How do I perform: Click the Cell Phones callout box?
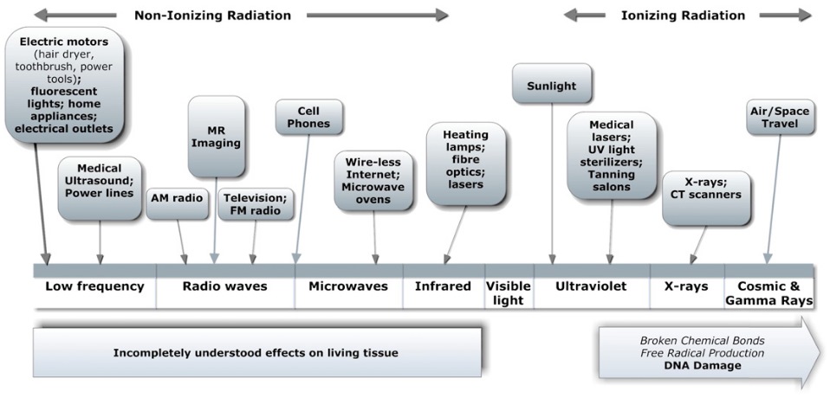309,117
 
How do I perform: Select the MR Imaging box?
217,137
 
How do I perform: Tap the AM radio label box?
178,204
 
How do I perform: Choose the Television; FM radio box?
255,204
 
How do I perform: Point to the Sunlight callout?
551,85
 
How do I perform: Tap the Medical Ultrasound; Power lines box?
100,188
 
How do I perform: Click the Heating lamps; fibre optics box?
466,164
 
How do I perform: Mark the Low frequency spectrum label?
94,287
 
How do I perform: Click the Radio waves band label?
225,287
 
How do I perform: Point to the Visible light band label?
509,293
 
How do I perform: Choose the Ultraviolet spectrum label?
591,287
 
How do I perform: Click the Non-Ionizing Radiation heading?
213,16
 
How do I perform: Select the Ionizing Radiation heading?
683,16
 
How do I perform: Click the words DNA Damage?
703,365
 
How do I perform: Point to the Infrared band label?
443,287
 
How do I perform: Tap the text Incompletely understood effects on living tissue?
256,352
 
